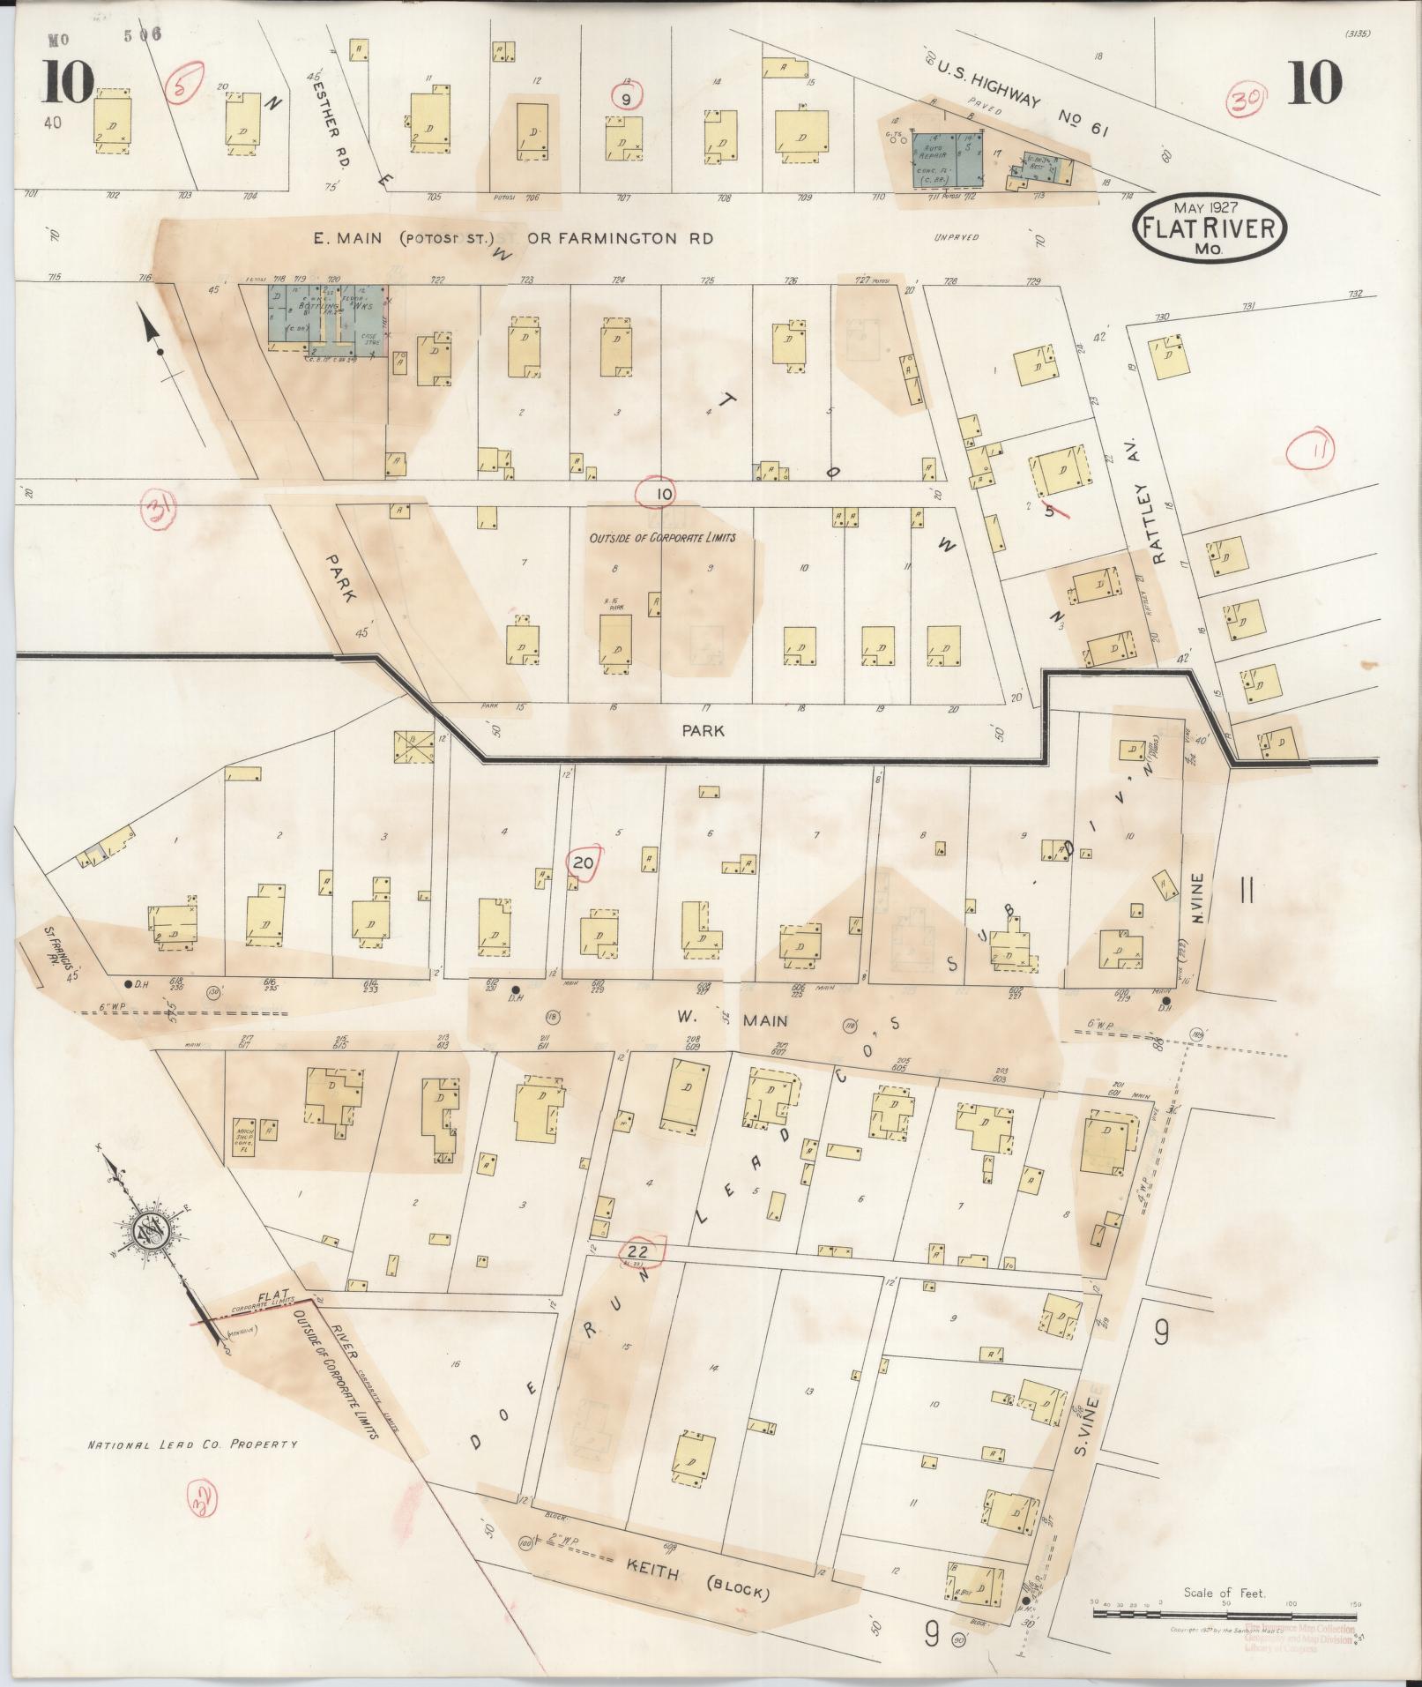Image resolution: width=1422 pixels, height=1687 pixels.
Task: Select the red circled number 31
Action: [160, 513]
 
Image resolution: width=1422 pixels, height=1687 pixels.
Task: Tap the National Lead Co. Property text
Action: [191, 1444]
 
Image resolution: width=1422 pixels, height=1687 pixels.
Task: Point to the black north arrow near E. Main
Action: [154, 340]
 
